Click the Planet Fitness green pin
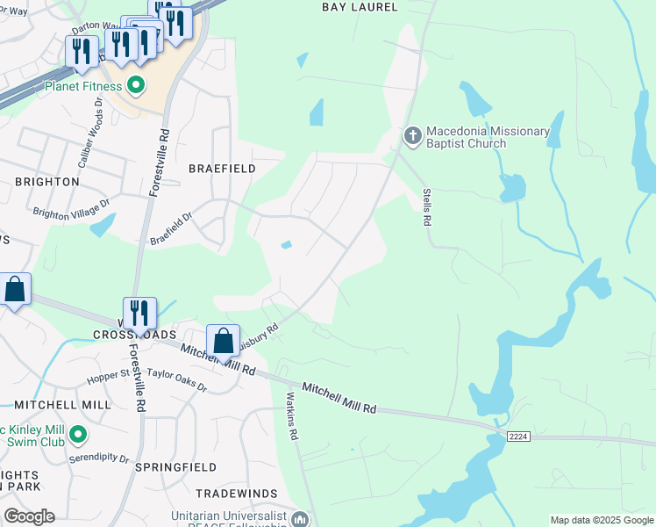[135, 85]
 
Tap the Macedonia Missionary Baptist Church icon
[412, 136]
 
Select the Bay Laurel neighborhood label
[360, 7]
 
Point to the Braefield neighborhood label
[222, 168]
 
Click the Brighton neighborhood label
[46, 182]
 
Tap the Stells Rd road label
[427, 206]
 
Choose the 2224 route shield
[518, 437]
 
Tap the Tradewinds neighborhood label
[237, 494]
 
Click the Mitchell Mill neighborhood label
[62, 405]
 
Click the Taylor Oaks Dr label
[176, 379]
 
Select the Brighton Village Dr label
[71, 208]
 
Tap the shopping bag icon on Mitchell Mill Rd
[224, 342]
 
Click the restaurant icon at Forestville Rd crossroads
[139, 314]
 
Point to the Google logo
[29, 516]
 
